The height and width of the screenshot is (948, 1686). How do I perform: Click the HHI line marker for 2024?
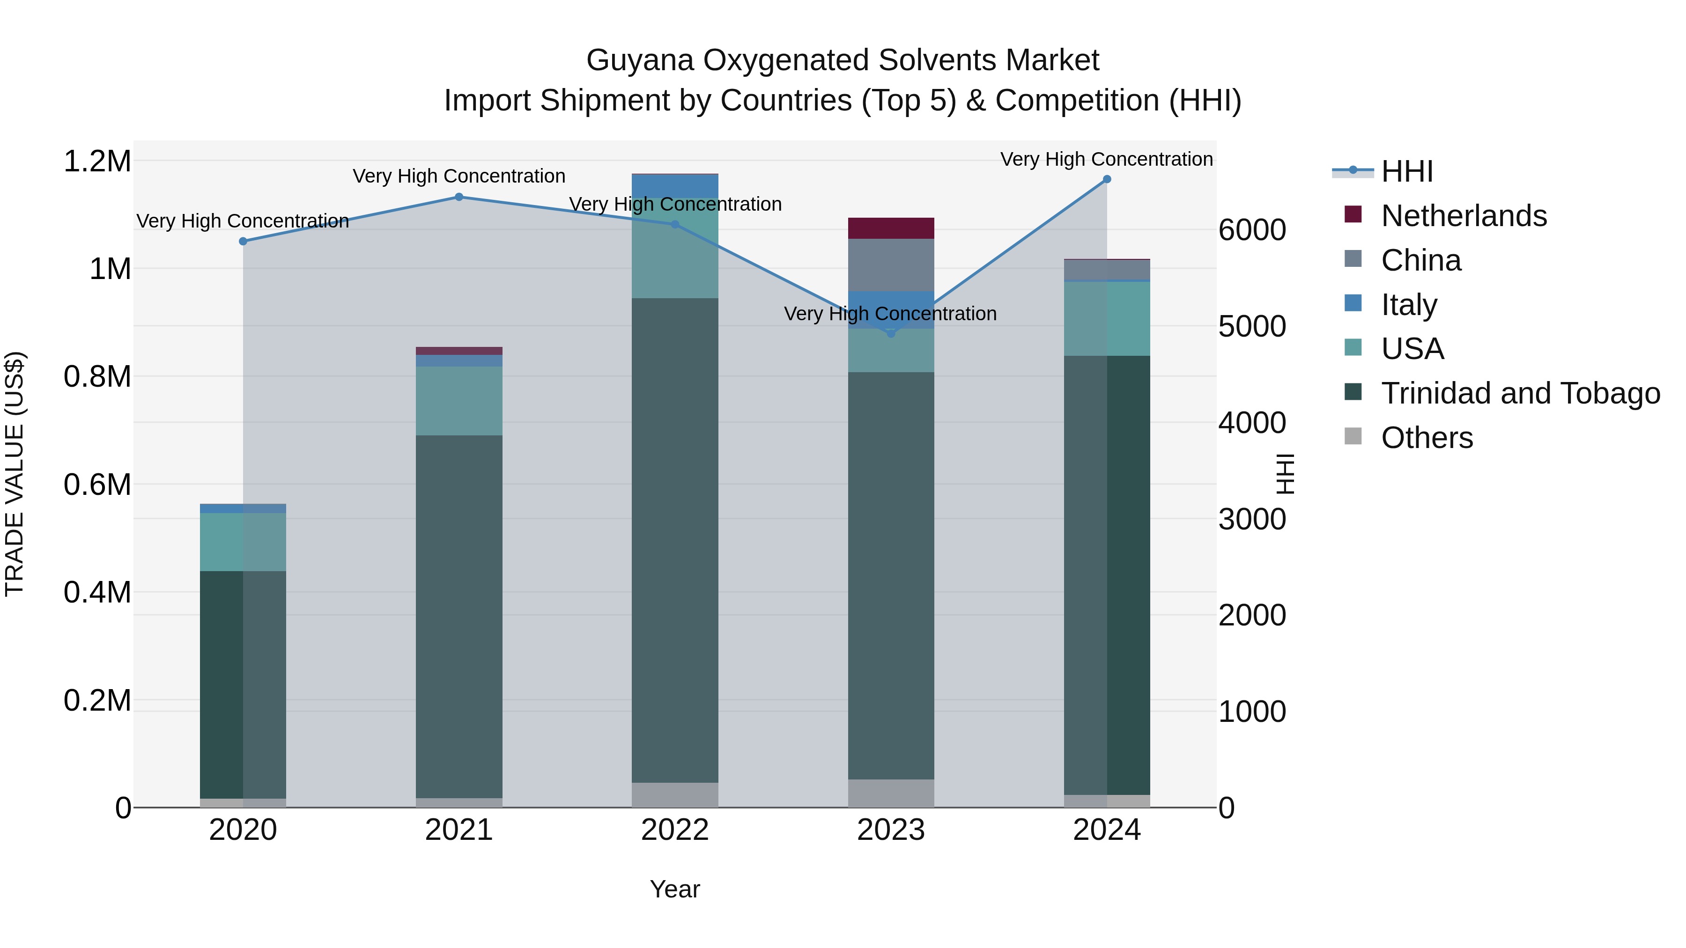tap(1107, 179)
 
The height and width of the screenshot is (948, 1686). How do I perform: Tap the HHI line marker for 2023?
tap(891, 334)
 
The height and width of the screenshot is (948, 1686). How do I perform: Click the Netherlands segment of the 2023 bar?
tap(891, 228)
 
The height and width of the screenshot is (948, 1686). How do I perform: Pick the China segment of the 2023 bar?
tap(891, 265)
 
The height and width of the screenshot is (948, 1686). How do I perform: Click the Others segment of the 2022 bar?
tap(675, 795)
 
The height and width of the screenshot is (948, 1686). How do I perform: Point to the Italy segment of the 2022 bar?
tap(675, 186)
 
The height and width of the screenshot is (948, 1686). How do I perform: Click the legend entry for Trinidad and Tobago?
tap(1520, 393)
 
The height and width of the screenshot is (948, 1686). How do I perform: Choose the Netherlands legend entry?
tap(1464, 216)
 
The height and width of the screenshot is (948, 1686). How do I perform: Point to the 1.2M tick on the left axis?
tap(97, 161)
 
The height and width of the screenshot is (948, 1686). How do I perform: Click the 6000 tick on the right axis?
tap(1252, 230)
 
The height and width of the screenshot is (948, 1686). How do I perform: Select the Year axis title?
tap(675, 889)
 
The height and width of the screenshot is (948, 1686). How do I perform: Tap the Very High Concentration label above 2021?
tap(459, 176)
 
